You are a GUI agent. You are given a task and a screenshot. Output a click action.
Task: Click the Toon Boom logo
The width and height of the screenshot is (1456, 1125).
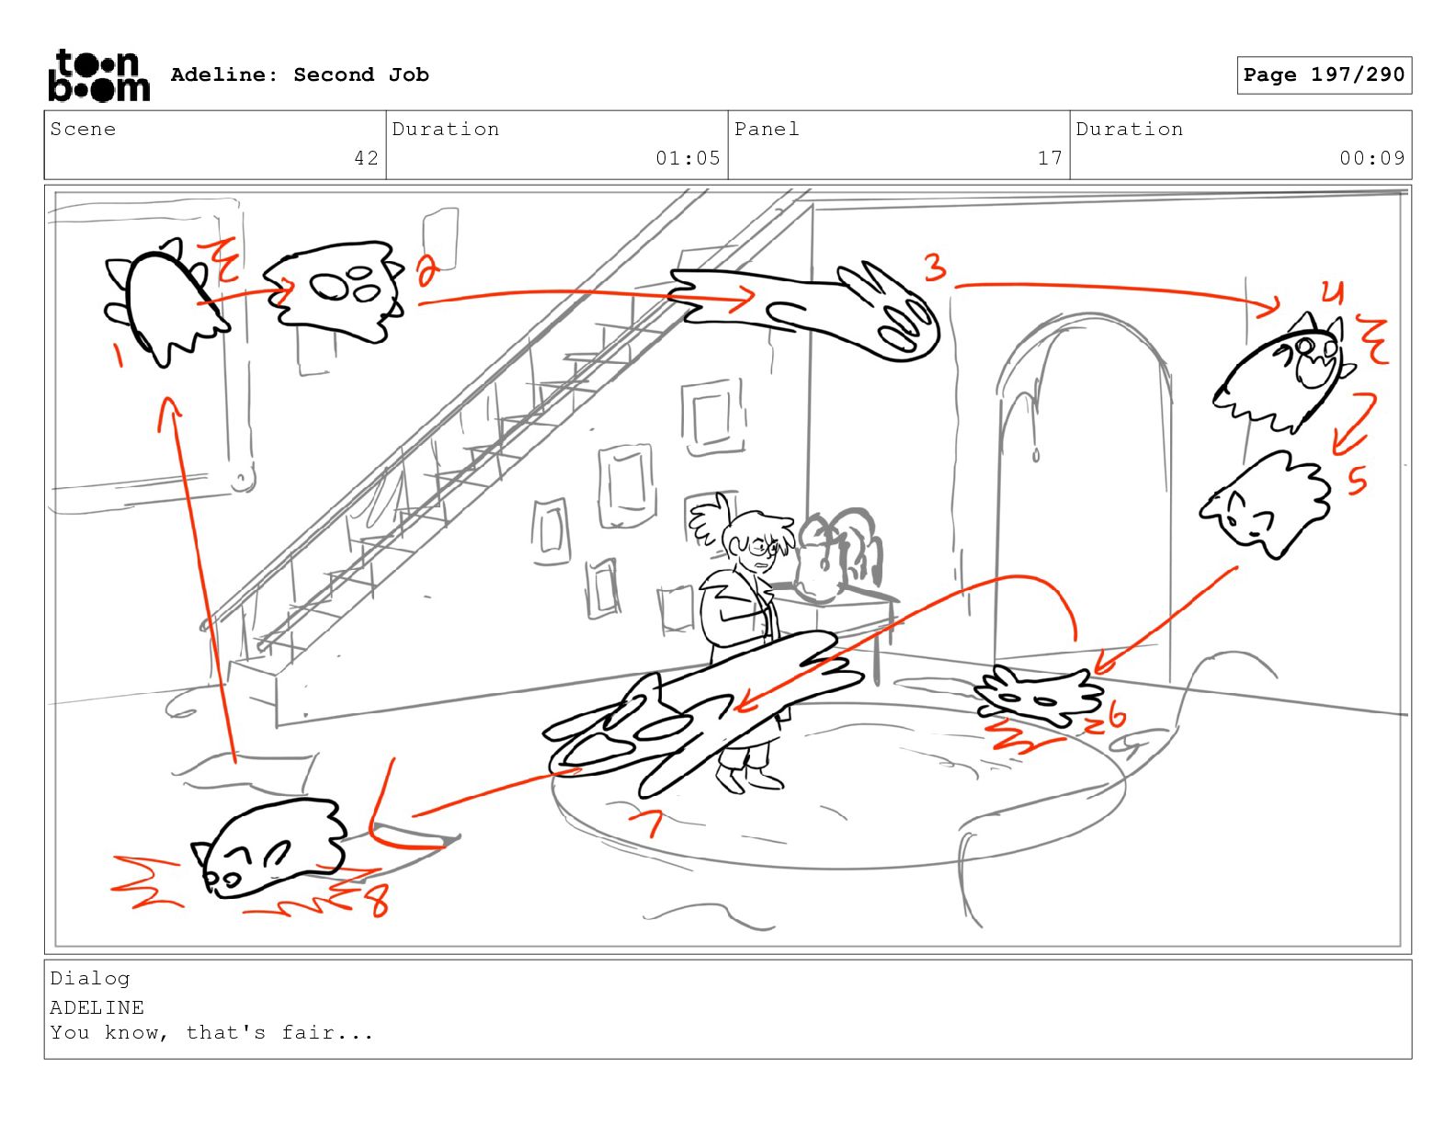tap(99, 75)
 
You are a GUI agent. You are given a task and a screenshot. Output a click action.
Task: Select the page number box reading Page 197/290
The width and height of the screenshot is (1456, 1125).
tap(1324, 75)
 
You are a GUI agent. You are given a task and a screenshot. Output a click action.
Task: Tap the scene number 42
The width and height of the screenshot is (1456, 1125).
tap(367, 158)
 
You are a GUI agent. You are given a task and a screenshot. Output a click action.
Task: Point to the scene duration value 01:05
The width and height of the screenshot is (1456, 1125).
tap(688, 158)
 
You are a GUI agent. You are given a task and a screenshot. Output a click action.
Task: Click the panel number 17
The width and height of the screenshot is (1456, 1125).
tap(1050, 158)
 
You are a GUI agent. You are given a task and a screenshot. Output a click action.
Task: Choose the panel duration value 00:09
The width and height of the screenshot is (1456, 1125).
tap(1372, 158)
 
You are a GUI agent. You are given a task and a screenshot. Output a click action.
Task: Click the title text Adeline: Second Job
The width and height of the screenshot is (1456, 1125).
tap(300, 74)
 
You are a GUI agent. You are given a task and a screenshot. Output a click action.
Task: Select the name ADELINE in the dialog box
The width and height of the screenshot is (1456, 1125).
tap(97, 1007)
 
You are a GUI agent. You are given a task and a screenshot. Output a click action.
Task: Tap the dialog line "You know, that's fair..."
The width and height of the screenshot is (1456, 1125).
tap(211, 1032)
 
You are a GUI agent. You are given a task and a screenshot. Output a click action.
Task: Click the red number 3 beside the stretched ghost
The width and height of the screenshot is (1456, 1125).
tap(936, 267)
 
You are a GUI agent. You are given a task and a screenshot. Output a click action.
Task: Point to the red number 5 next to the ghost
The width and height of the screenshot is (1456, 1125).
tap(1357, 480)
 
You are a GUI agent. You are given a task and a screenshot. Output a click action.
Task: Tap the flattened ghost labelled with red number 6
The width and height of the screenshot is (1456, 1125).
tap(1038, 697)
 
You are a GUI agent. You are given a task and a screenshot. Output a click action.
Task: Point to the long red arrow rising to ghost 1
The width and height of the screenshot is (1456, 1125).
tap(199, 580)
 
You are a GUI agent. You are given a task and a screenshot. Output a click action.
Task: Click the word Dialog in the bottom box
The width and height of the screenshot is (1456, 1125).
tap(90, 979)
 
